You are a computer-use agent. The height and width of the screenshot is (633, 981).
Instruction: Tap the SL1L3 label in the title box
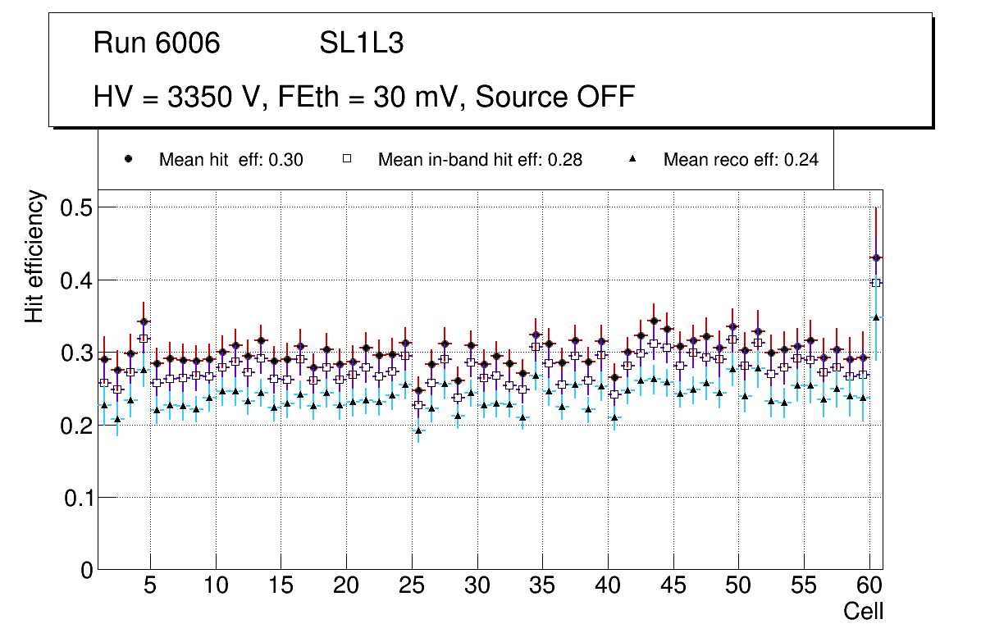361,43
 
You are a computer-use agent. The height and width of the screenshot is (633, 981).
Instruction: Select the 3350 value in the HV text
194,97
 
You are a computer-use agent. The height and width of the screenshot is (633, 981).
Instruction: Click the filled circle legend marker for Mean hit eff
128,159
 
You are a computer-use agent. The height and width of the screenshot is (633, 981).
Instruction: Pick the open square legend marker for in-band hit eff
346,159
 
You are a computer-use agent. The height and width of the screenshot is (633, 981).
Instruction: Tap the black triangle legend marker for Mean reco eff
632,159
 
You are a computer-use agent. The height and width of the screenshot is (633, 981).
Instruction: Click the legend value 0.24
801,160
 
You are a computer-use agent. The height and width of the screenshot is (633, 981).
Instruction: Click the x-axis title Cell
864,611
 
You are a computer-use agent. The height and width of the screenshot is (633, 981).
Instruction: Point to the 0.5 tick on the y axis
75,208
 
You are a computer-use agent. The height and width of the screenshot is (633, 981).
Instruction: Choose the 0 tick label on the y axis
85,570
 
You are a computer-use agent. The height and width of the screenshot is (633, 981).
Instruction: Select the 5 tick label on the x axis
149,586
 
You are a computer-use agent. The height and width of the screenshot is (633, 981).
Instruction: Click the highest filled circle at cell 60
876,257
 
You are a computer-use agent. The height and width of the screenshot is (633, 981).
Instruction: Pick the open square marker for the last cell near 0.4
876,283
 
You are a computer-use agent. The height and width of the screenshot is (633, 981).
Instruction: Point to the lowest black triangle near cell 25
418,430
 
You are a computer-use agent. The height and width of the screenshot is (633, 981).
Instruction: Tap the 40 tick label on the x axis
607,586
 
